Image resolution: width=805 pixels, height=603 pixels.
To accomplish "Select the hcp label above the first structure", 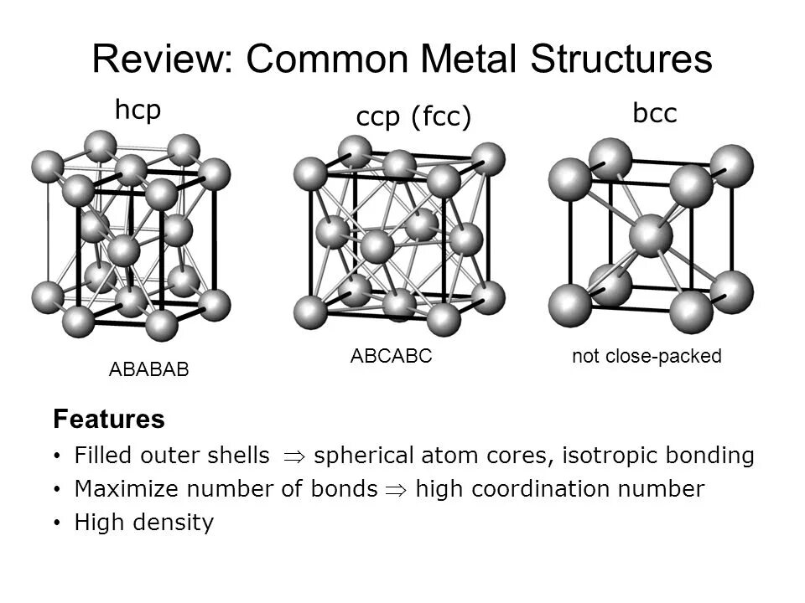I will [138, 110].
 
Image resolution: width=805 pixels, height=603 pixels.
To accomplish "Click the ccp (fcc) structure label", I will [414, 118].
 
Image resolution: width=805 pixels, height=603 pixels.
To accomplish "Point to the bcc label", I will [654, 114].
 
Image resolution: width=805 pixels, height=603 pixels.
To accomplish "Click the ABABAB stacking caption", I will [149, 369].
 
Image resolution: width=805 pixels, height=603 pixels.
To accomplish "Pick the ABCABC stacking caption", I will [391, 356].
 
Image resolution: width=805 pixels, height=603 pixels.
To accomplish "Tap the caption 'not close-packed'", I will [647, 356].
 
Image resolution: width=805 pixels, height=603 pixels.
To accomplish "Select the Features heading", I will [108, 419].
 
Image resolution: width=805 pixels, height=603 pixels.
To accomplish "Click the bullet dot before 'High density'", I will [56, 523].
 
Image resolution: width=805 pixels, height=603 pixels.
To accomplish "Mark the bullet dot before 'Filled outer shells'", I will [56, 456].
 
